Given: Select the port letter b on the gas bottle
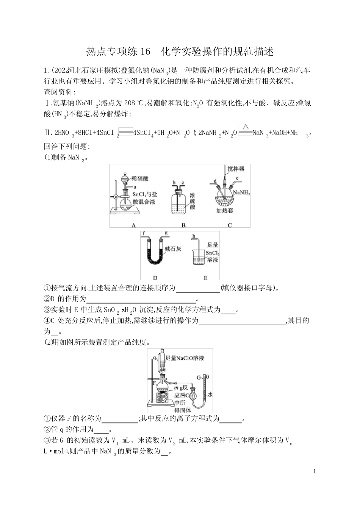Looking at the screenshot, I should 174,183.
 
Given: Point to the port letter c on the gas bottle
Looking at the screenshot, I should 183,183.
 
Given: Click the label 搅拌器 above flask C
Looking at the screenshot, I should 236,169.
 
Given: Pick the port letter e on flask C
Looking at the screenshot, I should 237,178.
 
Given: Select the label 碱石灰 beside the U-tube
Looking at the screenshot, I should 173,249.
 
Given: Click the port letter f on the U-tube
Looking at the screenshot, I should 144,233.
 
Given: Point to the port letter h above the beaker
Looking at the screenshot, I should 194,237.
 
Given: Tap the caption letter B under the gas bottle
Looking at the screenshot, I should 183,225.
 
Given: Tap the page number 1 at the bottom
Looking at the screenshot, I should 315,471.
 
